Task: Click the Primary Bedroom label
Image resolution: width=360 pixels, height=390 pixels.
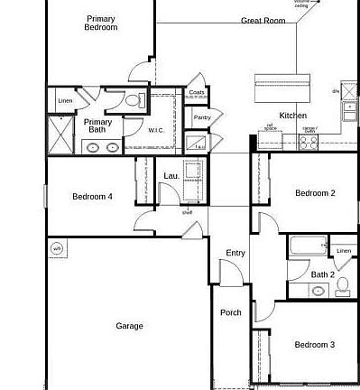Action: click(x=101, y=23)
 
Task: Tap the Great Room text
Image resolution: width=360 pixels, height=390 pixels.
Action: click(x=263, y=20)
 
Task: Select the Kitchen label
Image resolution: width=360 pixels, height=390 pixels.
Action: click(x=292, y=116)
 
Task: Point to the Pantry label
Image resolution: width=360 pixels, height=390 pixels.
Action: click(x=202, y=117)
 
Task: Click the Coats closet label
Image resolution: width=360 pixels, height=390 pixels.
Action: click(x=197, y=92)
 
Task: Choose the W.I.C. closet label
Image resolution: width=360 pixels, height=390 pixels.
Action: click(x=160, y=130)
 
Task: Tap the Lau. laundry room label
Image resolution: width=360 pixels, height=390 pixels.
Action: click(x=171, y=176)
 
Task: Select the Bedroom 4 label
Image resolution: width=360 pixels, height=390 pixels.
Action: click(x=93, y=196)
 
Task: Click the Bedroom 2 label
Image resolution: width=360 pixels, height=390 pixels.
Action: click(x=315, y=193)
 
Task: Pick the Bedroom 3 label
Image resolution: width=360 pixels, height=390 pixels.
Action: click(x=315, y=345)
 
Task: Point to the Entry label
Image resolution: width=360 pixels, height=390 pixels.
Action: click(x=235, y=254)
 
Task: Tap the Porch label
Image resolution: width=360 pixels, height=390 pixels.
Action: click(x=231, y=313)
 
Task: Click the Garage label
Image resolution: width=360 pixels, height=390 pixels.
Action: click(x=129, y=326)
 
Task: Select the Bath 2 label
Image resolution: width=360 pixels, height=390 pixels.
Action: click(x=323, y=274)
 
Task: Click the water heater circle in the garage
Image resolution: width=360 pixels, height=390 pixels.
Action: click(x=57, y=249)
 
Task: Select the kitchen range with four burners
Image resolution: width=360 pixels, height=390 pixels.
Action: click(x=309, y=142)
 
